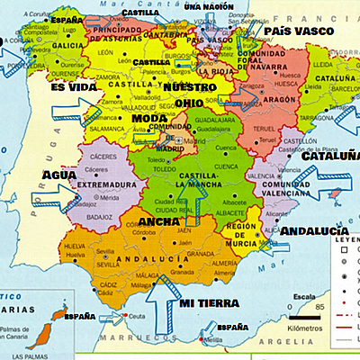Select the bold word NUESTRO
click(191, 87)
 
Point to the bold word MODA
click(148, 118)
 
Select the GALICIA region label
click(45, 45)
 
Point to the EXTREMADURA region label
click(101, 185)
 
